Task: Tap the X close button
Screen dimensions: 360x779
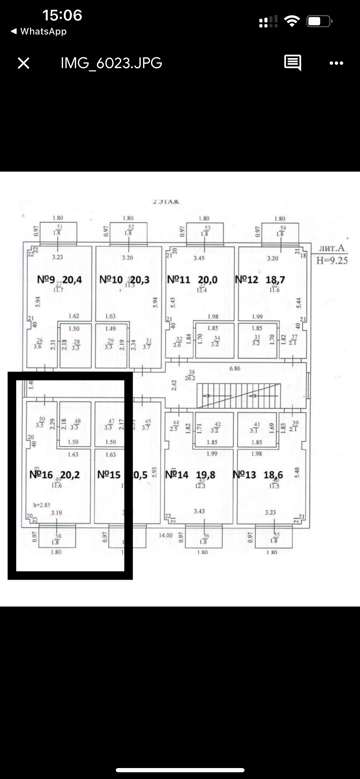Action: click(24, 63)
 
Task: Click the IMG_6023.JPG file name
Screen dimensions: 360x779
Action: click(111, 63)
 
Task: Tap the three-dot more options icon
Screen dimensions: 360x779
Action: click(336, 63)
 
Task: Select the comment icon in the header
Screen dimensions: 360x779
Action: click(292, 63)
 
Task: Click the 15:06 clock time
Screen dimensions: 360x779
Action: click(62, 15)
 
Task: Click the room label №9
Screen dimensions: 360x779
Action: click(46, 279)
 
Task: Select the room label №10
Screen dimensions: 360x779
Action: click(111, 279)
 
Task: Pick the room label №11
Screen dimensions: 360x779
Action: click(179, 279)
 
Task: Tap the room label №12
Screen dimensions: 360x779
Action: click(246, 279)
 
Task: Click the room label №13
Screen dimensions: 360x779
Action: click(244, 475)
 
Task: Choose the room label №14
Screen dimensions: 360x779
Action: click(177, 475)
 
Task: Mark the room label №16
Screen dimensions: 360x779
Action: click(41, 475)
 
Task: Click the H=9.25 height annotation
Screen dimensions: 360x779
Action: click(332, 261)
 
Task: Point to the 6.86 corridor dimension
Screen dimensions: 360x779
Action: click(235, 368)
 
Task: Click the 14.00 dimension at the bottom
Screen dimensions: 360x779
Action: click(166, 535)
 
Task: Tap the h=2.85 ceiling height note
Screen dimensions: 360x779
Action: click(42, 505)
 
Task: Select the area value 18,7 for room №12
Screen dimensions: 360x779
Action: click(275, 279)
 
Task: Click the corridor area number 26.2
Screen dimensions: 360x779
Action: click(190, 378)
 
